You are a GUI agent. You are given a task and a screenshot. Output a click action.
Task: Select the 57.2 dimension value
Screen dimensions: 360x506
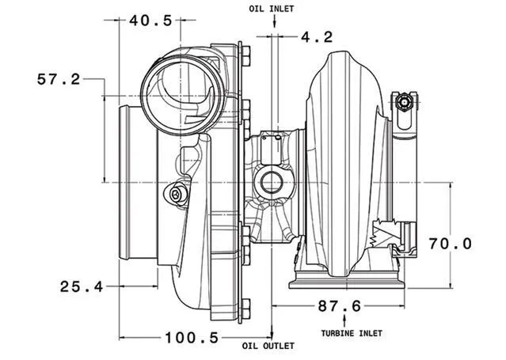[59, 79]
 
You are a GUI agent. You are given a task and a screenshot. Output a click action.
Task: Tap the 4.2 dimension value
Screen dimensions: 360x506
[316, 36]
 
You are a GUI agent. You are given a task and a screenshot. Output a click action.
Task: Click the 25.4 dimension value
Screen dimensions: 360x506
[82, 286]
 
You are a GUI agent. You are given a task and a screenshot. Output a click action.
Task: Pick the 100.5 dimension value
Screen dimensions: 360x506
[191, 338]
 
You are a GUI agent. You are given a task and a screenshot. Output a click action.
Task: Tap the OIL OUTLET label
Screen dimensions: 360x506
[268, 347]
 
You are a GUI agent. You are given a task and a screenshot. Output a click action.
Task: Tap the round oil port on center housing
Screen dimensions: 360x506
[272, 183]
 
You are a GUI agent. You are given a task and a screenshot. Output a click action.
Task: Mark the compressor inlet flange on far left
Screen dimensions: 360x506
[127, 181]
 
